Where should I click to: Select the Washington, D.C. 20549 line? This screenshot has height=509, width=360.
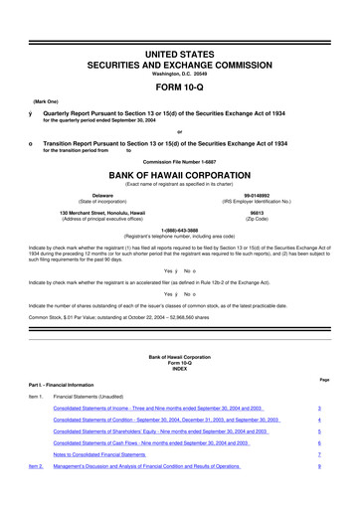tap(179, 47)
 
